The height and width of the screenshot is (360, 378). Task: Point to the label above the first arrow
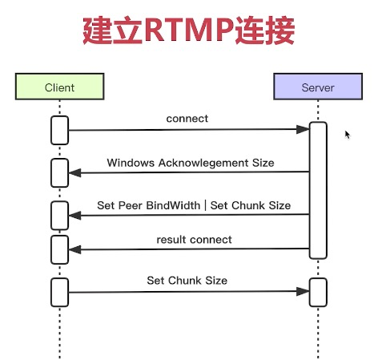coord(187,119)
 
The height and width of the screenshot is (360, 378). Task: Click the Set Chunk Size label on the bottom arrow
coord(187,281)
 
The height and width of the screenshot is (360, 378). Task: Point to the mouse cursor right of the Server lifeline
coord(348,135)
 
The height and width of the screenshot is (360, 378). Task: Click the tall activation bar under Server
coord(318,190)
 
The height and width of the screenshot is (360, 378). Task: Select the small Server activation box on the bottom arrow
coord(318,292)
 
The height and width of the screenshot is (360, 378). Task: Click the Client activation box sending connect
coord(59,130)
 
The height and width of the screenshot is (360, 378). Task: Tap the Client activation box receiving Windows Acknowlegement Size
coord(59,172)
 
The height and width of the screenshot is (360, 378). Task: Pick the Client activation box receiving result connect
coord(59,249)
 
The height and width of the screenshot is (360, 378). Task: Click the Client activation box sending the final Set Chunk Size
coord(59,292)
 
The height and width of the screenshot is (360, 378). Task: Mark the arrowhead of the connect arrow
coord(304,128)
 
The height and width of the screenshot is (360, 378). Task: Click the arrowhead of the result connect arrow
coord(74,249)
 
